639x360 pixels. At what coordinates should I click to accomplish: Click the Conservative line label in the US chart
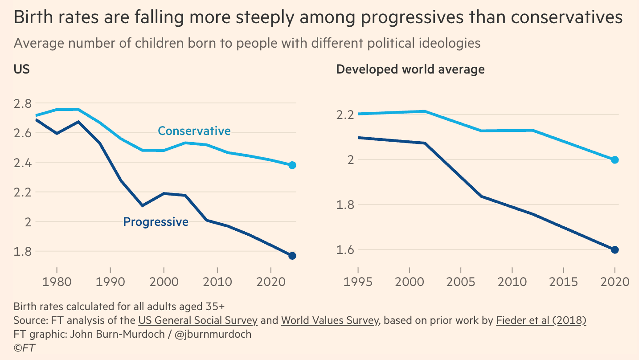click(194, 131)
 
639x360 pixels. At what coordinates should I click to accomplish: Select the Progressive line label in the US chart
click(156, 222)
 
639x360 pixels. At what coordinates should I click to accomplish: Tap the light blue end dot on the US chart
click(292, 165)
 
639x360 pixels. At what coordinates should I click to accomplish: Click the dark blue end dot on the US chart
click(292, 256)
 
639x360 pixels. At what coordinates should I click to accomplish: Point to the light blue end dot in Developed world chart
click(615, 160)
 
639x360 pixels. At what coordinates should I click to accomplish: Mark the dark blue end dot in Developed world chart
click(615, 250)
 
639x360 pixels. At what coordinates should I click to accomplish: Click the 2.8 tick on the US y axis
click(23, 103)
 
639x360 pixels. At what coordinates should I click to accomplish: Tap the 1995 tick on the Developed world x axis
click(358, 282)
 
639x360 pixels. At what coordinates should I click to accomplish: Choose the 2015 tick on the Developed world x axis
click(563, 282)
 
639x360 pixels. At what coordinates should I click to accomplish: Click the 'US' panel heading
click(22, 70)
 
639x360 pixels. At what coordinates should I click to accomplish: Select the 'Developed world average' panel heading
click(410, 70)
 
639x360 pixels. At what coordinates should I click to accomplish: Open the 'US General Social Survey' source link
click(197, 320)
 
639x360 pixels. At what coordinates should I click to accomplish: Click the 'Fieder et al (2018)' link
click(541, 320)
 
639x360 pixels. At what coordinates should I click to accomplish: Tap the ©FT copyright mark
click(25, 348)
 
